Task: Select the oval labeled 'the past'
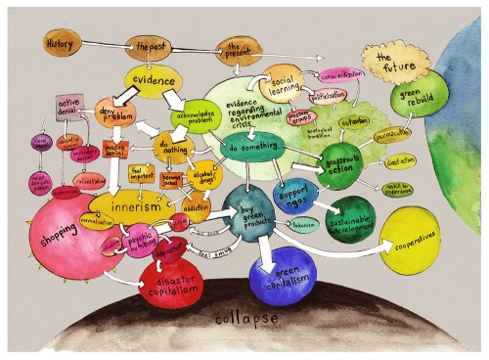click(151, 46)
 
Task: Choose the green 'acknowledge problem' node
click(193, 118)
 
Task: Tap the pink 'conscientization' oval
click(341, 74)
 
